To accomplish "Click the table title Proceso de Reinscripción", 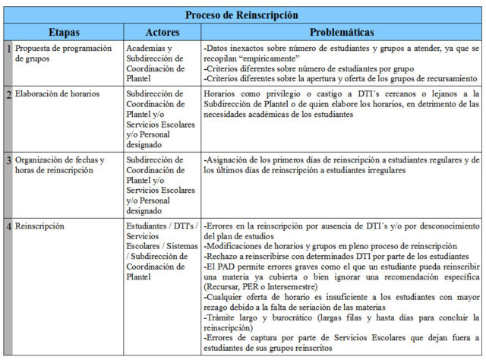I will (x=242, y=15).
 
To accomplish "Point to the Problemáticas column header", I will (x=342, y=33).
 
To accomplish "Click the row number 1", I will (x=8, y=49).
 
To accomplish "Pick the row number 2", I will (x=8, y=95).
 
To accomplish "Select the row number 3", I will (x=8, y=160).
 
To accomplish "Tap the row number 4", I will (x=8, y=226).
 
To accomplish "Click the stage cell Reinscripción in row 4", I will (x=39, y=226).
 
